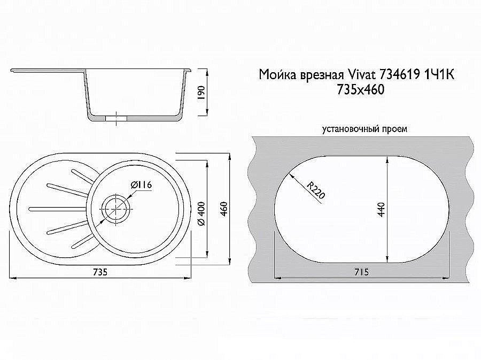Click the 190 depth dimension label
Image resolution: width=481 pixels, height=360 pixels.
(201, 93)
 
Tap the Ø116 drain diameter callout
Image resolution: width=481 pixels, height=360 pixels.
(142, 185)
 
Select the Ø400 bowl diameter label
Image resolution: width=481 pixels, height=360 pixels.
(201, 214)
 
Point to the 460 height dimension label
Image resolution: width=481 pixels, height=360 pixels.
(224, 209)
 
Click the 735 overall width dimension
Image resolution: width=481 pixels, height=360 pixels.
(100, 272)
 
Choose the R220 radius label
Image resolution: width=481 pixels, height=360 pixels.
(316, 190)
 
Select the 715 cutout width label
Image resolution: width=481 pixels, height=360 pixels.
(361, 272)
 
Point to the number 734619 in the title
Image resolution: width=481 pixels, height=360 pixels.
(400, 74)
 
